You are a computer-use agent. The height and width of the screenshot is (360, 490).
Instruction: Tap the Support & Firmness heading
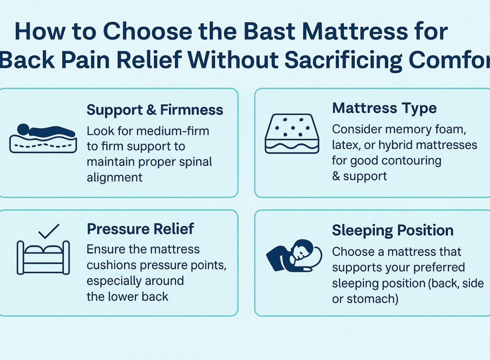[155, 110]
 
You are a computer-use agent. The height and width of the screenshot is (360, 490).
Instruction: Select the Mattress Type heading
[384, 108]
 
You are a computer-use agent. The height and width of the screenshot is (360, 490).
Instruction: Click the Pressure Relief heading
[140, 229]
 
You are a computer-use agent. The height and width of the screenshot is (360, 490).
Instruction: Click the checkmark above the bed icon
[48, 231]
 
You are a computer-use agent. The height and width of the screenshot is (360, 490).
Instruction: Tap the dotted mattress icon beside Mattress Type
[292, 133]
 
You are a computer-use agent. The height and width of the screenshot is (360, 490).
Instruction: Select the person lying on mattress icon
[43, 138]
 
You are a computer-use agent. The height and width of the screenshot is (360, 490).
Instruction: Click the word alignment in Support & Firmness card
[114, 177]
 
